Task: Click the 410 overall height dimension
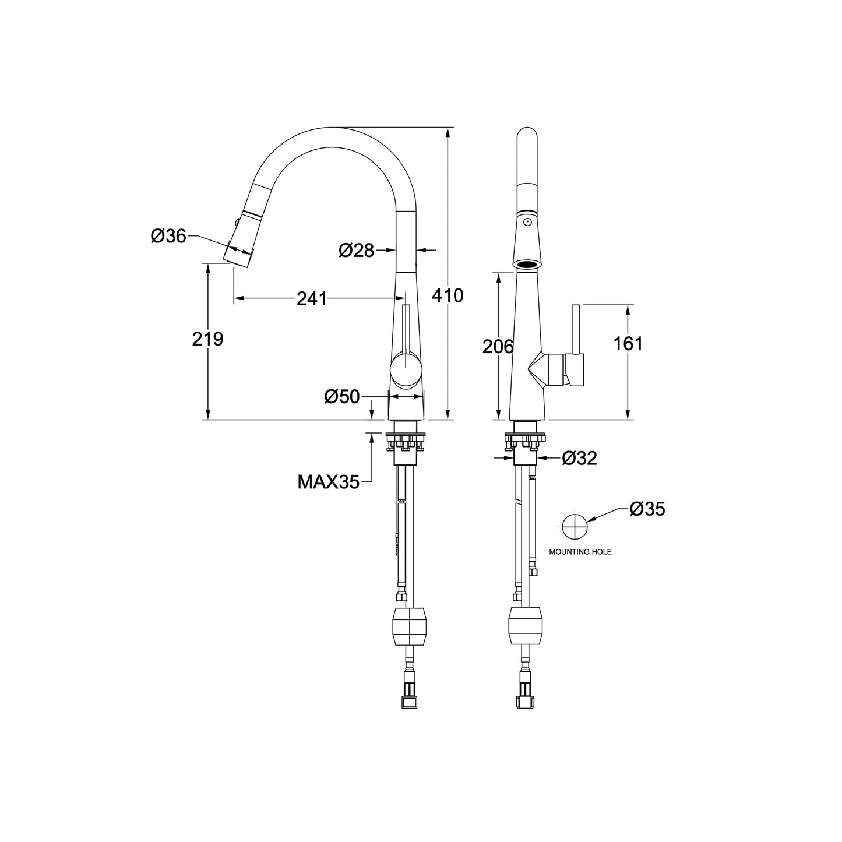[x=447, y=295]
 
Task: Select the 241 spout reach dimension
[x=312, y=298]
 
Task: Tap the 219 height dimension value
[x=207, y=339]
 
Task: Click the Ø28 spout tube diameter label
[x=356, y=250]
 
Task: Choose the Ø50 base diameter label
[x=342, y=397]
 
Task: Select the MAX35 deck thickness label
[x=328, y=482]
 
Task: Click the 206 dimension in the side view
[x=498, y=346]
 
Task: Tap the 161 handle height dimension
[x=628, y=344]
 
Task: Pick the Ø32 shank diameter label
[x=580, y=459]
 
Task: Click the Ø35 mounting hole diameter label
[x=647, y=509]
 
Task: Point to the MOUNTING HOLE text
[x=580, y=551]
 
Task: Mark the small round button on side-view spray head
[x=527, y=222]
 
